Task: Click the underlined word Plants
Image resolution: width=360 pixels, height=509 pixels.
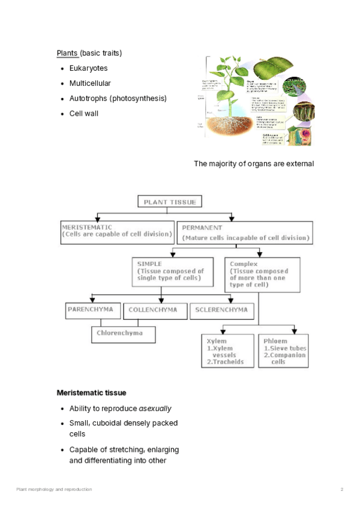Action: [67, 53]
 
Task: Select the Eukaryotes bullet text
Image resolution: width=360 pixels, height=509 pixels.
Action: [88, 68]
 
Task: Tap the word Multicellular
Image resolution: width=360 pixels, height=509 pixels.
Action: [90, 83]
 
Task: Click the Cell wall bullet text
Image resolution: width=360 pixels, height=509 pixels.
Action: [83, 113]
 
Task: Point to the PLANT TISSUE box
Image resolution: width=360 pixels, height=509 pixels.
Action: [169, 202]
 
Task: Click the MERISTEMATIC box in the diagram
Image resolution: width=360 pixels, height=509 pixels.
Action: [117, 231]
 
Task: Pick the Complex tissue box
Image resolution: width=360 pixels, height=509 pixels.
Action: [262, 274]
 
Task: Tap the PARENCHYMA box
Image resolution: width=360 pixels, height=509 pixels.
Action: [93, 310]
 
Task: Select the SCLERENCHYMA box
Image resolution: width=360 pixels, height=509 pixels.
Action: [222, 310]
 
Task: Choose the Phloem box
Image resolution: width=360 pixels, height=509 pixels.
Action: [283, 351]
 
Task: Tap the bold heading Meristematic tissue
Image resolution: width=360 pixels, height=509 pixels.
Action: [91, 393]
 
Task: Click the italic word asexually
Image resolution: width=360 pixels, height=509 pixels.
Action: [155, 409]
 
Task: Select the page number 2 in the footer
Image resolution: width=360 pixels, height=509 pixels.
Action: [342, 490]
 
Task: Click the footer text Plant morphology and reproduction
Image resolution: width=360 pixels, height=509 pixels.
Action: [54, 490]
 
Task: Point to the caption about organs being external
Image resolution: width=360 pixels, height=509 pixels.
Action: [254, 164]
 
